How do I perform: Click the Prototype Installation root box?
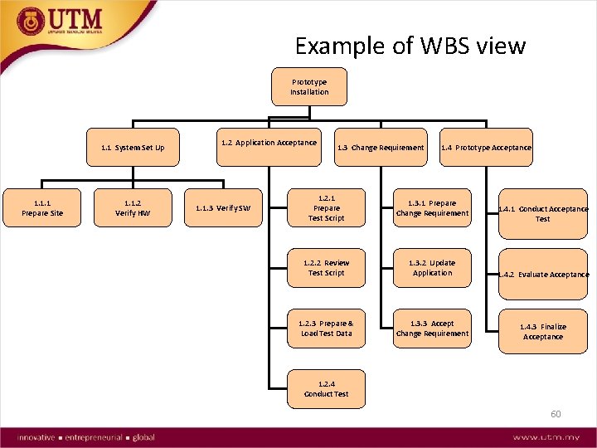click(x=309, y=87)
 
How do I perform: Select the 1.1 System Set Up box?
click(x=133, y=148)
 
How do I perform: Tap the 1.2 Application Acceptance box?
click(x=268, y=143)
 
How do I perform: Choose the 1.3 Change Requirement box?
click(x=380, y=148)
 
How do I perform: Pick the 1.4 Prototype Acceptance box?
click(x=486, y=148)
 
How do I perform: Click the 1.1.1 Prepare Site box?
click(x=42, y=208)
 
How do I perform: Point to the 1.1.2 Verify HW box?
click(x=133, y=208)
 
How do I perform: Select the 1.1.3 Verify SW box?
click(x=222, y=208)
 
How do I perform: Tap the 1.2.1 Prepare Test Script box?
click(x=327, y=208)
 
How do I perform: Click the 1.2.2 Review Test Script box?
click(x=327, y=268)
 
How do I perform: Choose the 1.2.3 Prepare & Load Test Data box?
click(x=327, y=329)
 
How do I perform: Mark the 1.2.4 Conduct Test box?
click(x=327, y=389)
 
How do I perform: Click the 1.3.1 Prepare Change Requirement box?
click(x=432, y=208)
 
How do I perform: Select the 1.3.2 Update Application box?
click(x=432, y=268)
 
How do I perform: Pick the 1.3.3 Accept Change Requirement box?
click(x=432, y=329)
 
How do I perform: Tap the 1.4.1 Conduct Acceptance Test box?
click(x=542, y=214)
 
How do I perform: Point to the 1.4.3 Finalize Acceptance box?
click(x=543, y=332)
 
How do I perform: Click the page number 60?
click(x=556, y=413)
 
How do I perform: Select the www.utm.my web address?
click(x=546, y=437)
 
